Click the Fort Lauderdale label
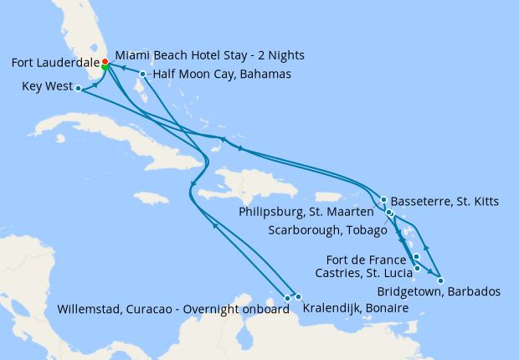pos(55,63)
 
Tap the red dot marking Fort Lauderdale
pos(105,62)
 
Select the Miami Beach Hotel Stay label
pos(209,55)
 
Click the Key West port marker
pos(77,88)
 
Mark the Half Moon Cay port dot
pos(143,75)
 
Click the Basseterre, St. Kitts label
pos(444,201)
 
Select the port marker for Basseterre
pos(383,200)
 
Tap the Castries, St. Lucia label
pos(362,272)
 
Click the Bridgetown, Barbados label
pos(439,291)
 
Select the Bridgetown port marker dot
pos(440,280)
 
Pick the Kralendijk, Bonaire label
pos(356,309)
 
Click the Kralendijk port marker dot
pos(298,297)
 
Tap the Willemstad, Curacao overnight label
pos(173,309)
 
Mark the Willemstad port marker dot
pos(287,297)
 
